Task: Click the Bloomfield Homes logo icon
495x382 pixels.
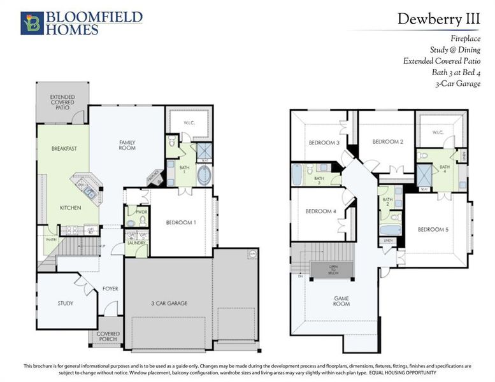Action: [x=31, y=22]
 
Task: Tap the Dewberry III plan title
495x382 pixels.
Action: [x=438, y=18]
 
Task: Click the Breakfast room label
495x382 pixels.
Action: [x=64, y=148]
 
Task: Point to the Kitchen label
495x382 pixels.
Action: [x=71, y=208]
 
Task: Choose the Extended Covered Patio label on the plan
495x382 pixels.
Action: [x=62, y=103]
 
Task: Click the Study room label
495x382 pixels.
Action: [x=65, y=303]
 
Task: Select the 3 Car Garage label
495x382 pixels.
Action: [x=169, y=303]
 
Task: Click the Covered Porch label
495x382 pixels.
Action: [x=108, y=337]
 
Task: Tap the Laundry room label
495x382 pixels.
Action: [x=136, y=243]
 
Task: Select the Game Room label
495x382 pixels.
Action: [x=342, y=301]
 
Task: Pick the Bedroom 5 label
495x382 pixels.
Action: [x=434, y=229]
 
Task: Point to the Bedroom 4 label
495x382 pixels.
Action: [x=320, y=211]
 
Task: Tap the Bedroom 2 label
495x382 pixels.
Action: [x=388, y=141]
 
